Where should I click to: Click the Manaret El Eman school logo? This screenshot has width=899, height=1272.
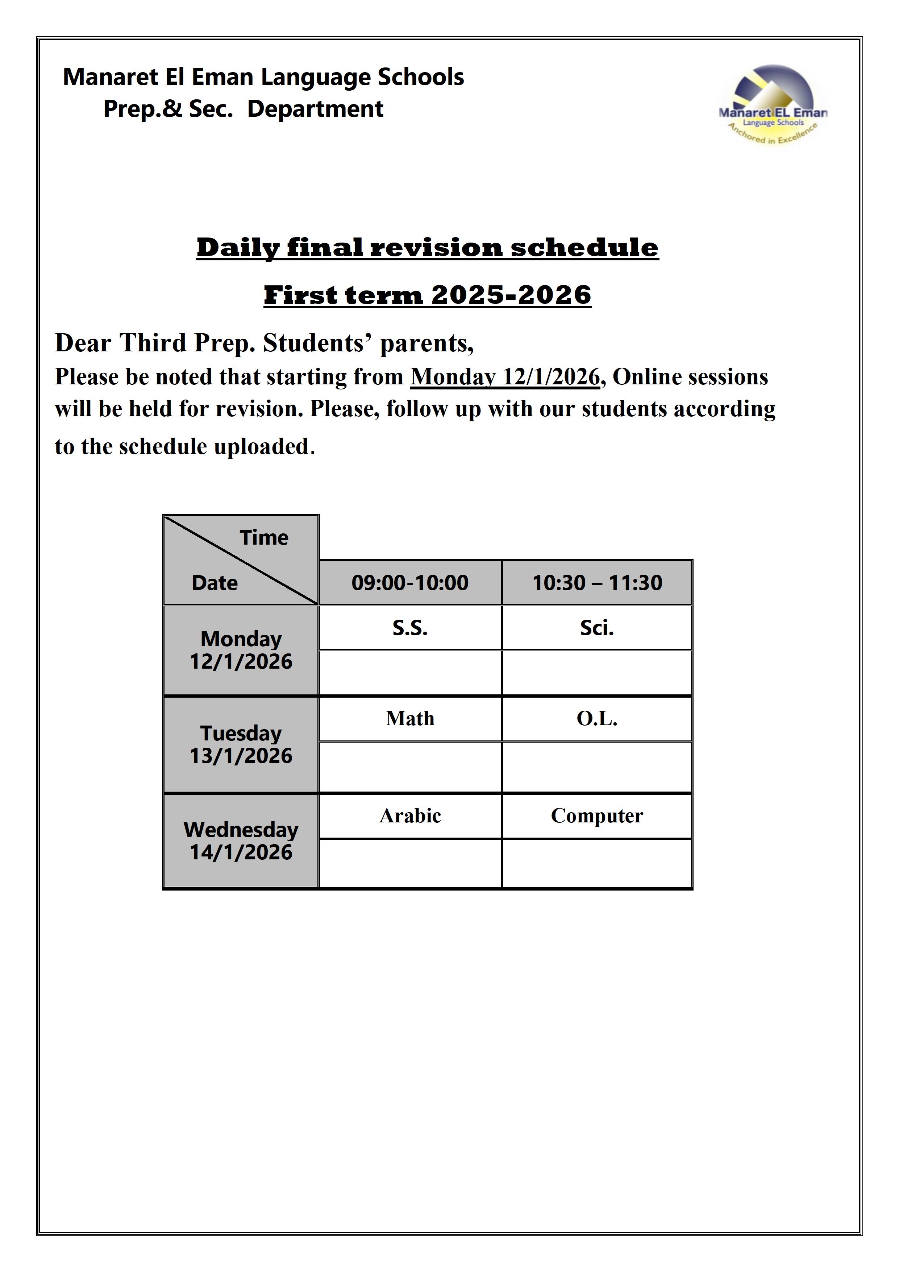coord(773,105)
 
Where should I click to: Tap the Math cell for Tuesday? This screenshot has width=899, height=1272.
coord(410,719)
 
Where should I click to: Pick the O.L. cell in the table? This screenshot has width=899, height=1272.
coord(597,719)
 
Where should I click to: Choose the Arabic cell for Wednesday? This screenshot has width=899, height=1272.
coord(410,815)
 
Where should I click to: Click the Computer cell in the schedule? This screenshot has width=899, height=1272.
coord(597,815)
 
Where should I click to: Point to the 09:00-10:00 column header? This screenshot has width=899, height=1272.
coord(410,582)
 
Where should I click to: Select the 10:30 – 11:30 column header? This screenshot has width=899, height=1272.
coord(597,582)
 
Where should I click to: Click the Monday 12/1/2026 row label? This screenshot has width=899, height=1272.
coord(241,650)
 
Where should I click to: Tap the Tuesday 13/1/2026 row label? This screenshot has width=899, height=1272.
coord(241,744)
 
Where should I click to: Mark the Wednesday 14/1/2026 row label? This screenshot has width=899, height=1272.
coord(241,841)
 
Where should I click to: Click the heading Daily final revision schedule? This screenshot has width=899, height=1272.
coord(427,247)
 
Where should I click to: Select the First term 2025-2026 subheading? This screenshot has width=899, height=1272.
coord(427,295)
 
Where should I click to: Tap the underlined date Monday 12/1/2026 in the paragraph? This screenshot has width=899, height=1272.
coord(505,377)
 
